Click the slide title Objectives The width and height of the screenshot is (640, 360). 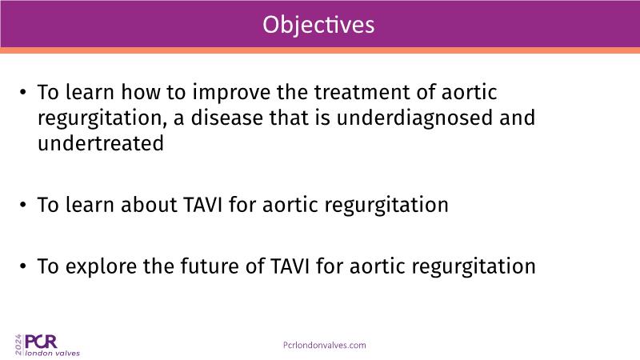(x=318, y=26)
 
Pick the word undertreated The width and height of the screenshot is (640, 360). (x=101, y=143)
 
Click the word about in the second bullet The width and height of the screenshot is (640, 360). (x=149, y=205)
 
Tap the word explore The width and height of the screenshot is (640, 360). (x=102, y=267)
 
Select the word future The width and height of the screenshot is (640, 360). (x=210, y=266)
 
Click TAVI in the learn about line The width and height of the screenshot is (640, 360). (x=203, y=205)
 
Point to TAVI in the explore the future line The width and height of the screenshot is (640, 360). (x=290, y=266)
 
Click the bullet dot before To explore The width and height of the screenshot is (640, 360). (x=23, y=266)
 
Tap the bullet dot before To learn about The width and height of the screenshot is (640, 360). (x=23, y=205)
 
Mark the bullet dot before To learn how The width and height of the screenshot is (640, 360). (x=23, y=92)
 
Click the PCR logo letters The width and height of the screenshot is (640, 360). (x=41, y=342)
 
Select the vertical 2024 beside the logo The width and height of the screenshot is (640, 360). (x=18, y=345)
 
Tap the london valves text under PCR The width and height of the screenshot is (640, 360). (x=53, y=353)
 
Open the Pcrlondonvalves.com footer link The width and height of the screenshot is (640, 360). (x=325, y=346)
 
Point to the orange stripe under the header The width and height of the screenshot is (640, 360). (x=320, y=50)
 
